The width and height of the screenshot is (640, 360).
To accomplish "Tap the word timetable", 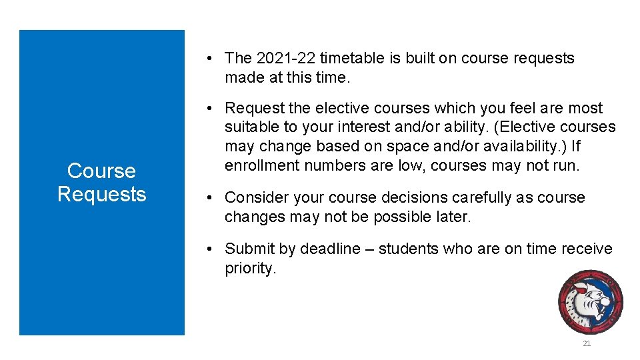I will click(352, 59).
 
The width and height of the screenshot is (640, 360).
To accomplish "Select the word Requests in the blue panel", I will click(101, 194).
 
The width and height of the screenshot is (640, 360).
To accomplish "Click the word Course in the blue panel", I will click(101, 171).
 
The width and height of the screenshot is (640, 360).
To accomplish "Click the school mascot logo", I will click(591, 301).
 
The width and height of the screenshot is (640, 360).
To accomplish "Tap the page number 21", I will click(587, 343).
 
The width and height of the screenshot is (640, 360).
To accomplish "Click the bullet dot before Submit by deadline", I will click(209, 249).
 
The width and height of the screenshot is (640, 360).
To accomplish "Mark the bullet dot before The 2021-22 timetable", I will click(209, 59).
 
